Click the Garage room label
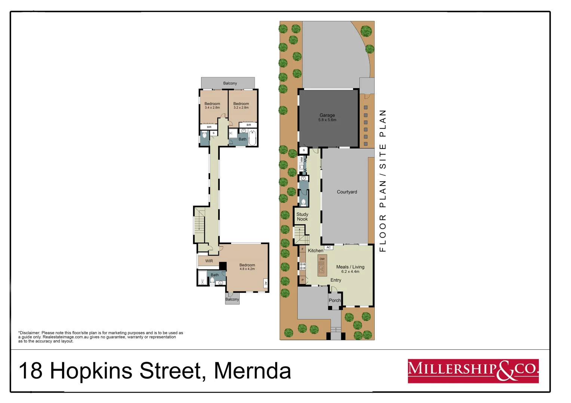click(x=327, y=117)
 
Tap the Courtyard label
click(x=347, y=192)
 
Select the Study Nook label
click(x=302, y=217)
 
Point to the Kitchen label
click(x=315, y=251)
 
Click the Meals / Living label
click(x=350, y=269)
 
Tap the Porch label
click(x=335, y=300)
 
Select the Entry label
click(x=335, y=280)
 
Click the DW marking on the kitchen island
click(x=322, y=259)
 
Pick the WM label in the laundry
click(x=301, y=159)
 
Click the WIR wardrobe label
click(x=209, y=261)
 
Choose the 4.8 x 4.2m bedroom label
click(x=247, y=267)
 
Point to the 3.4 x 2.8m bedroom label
click(x=212, y=106)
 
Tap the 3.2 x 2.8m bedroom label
click(x=241, y=106)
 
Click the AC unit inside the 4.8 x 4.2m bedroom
click(x=266, y=283)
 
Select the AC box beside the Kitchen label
click(x=329, y=247)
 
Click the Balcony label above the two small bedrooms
click(x=230, y=83)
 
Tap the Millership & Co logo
click(x=473, y=371)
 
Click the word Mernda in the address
click(x=252, y=371)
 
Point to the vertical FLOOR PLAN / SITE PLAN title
click(x=383, y=181)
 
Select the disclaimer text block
click(x=101, y=337)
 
